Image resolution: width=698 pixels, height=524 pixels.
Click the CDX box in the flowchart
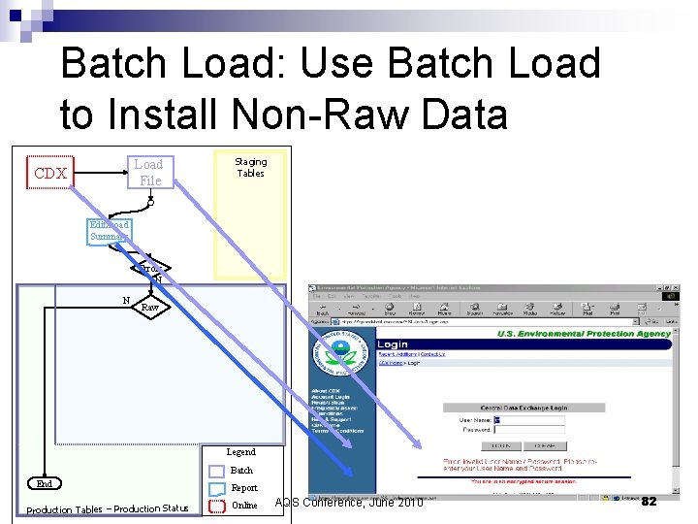[49, 174]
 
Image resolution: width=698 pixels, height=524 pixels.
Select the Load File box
[149, 172]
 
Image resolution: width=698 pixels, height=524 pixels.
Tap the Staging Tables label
[250, 168]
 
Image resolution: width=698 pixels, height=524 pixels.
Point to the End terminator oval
[45, 483]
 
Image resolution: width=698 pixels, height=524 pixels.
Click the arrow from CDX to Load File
[100, 174]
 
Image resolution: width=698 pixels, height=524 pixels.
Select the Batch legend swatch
[217, 471]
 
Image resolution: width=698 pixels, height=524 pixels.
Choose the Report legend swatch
[217, 488]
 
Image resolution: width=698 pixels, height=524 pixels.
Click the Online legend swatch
[217, 506]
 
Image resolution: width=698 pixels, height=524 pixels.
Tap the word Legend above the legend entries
[240, 451]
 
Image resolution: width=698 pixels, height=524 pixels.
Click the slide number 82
[650, 501]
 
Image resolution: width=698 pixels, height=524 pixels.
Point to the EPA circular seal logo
[342, 353]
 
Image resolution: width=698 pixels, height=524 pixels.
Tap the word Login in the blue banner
[393, 344]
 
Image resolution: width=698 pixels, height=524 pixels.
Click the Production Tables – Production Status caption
[108, 508]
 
